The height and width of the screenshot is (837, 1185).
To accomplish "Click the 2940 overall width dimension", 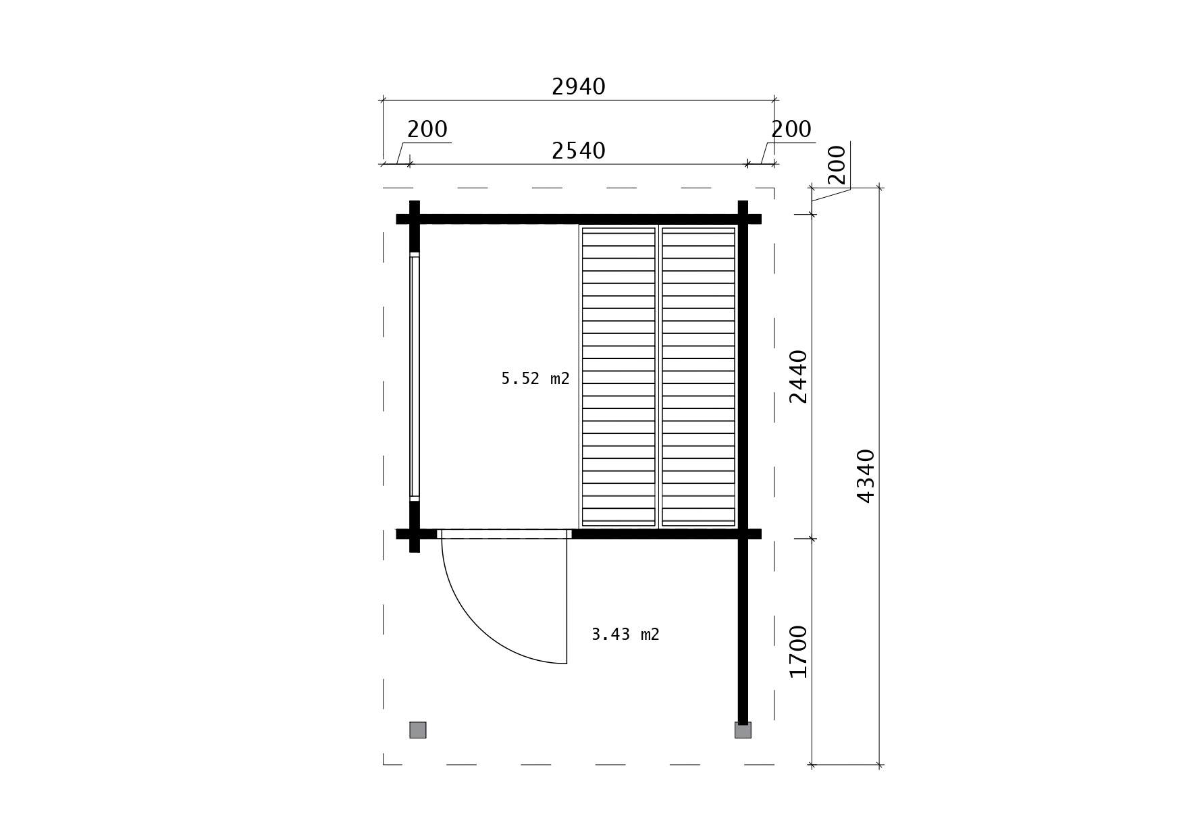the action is coord(579,86).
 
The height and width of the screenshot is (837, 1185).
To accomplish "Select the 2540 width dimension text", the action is coord(579,151).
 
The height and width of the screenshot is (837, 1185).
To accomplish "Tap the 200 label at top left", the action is coord(427,129).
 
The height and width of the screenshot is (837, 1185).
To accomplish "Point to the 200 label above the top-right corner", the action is coord(791,129).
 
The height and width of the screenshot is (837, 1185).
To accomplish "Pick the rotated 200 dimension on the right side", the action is coord(836,165).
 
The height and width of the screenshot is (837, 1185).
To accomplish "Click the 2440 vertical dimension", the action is coord(798,377).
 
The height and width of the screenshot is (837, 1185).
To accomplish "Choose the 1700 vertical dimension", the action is coord(798,651).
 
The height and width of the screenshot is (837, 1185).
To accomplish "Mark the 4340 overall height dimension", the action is coord(865,476).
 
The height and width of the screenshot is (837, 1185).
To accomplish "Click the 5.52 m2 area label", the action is coord(535,379).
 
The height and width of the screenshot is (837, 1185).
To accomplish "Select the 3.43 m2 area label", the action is coord(625,634).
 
